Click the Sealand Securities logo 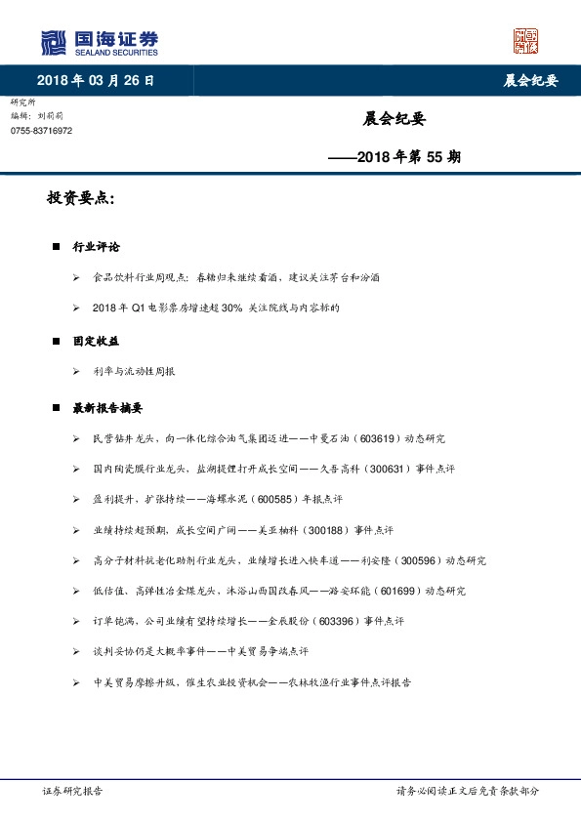coord(99,42)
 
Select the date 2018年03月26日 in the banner coord(95,81)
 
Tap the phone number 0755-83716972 coord(41,131)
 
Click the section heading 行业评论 coord(96,247)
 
